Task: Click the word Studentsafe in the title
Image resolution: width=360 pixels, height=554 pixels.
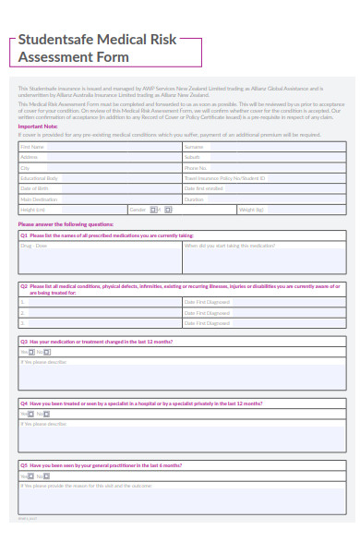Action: coord(56,41)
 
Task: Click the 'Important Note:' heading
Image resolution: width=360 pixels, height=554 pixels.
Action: coord(36,126)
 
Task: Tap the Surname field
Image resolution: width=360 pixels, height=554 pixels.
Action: coord(264,147)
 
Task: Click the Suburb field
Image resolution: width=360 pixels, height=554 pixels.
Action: coord(264,157)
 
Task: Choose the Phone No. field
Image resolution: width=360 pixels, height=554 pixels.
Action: coord(264,168)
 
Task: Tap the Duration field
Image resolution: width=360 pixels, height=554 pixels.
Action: coord(264,199)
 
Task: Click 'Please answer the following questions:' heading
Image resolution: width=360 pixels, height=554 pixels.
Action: coord(66,224)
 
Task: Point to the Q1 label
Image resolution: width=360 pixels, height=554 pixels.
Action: coord(24,235)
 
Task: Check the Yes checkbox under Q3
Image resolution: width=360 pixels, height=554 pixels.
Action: coord(30,352)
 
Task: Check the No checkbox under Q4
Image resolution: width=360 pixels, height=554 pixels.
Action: coord(47,415)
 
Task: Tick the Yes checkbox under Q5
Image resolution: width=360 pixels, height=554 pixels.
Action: coord(30,476)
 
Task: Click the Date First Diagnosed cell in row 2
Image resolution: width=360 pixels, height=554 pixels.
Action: coord(264,313)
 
